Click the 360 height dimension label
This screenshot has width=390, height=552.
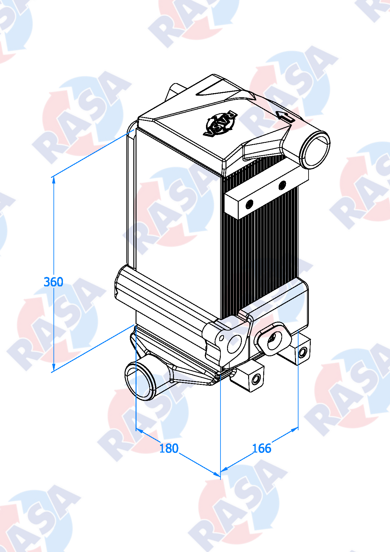pos(53,282)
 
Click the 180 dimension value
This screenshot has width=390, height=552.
pos(169,448)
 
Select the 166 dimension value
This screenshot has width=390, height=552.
pos(261,448)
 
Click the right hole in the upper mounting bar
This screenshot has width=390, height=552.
pos(282,185)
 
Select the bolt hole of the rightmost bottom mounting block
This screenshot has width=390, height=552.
pos(302,352)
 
